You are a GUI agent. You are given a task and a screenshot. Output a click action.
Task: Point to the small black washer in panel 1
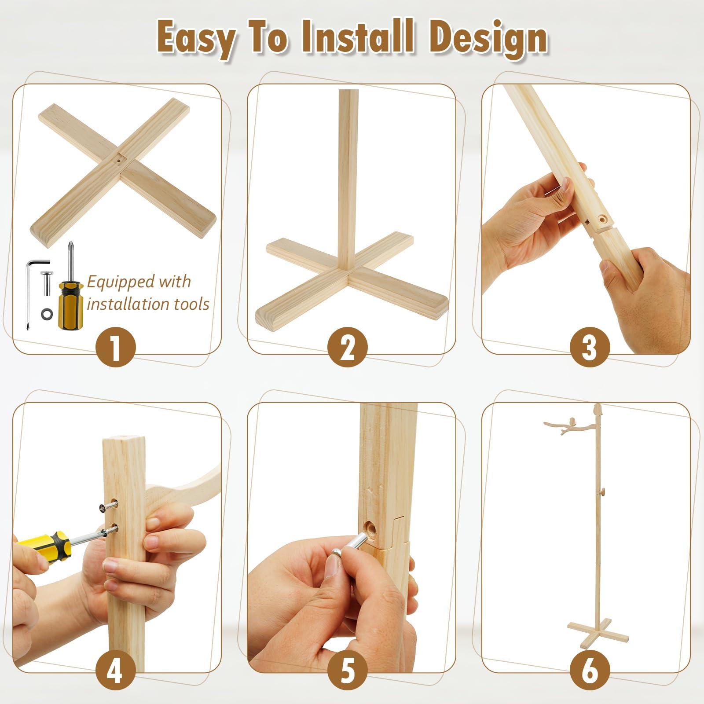click(45, 314)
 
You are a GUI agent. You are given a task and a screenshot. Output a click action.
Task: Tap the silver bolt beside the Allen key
click(46, 282)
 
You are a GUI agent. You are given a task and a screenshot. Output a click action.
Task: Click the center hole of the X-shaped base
click(120, 161)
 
